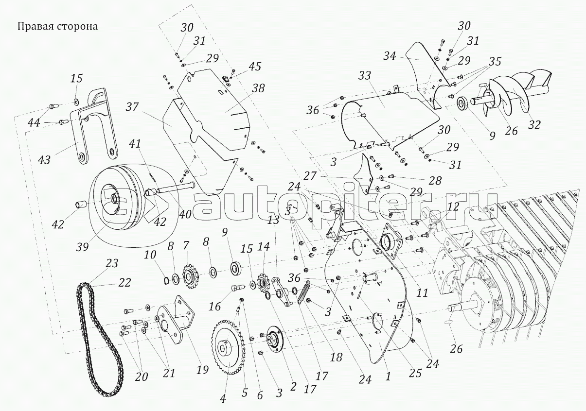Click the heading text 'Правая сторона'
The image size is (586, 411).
pos(57,26)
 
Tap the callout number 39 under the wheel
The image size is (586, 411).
pos(82,247)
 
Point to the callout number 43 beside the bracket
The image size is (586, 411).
pos(44,160)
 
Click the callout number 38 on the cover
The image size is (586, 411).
pos(258,88)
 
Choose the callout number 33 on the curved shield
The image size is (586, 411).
pos(365,76)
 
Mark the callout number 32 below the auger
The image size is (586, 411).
pos(534,125)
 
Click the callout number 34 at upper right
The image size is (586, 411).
pos(390,56)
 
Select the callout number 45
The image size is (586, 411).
pos(255,67)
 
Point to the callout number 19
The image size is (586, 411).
pos(203,370)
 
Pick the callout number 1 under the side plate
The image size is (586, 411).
pos(388,376)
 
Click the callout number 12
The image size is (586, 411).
pos(453,206)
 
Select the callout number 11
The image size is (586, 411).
pos(422,293)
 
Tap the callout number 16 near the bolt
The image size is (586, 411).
pos(214,306)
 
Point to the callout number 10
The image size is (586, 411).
pos(150,255)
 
